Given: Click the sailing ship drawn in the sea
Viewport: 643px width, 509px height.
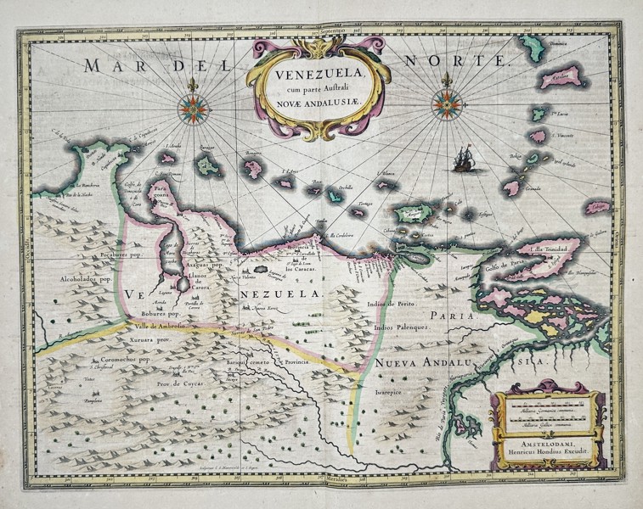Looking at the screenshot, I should tap(466, 158).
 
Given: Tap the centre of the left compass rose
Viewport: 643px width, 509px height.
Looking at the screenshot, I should tap(194, 106).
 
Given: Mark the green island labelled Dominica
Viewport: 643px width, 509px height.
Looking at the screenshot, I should tap(534, 42).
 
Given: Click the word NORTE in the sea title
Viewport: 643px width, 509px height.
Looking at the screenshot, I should tap(464, 61).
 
